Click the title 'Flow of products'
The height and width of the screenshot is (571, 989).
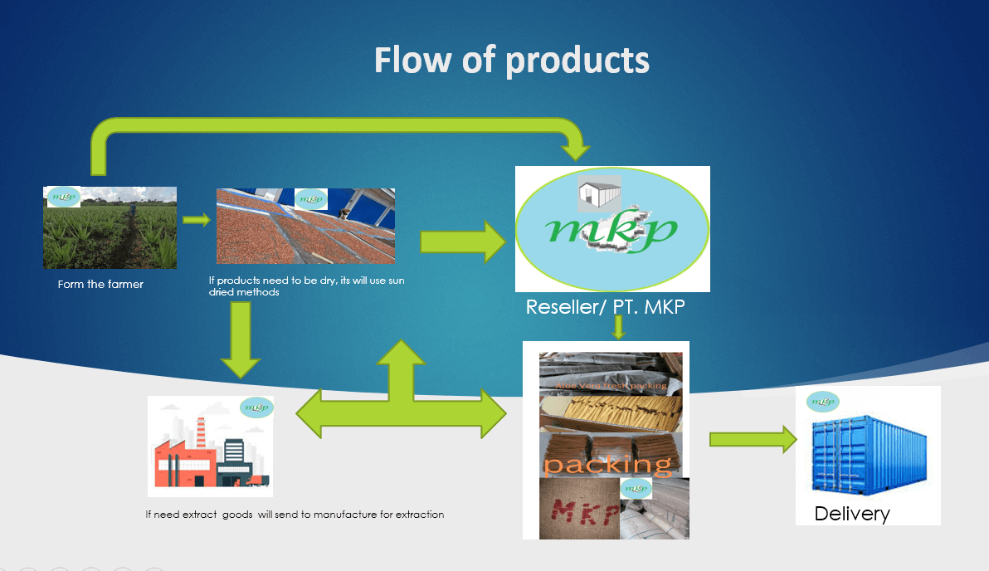(511, 61)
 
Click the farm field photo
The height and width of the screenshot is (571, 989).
(110, 228)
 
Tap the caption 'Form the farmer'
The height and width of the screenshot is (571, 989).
(100, 285)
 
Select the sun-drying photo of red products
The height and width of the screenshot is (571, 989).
(305, 226)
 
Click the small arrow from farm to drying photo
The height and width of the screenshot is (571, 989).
(196, 220)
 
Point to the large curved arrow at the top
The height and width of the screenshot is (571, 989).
(332, 131)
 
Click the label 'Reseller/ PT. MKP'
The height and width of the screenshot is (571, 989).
(605, 306)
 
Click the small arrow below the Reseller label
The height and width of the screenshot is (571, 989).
(617, 329)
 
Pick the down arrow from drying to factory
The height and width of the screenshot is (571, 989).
(241, 340)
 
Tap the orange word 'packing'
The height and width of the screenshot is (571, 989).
(607, 464)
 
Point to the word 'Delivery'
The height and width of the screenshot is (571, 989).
(851, 513)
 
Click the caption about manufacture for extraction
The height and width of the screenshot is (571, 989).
(295, 515)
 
